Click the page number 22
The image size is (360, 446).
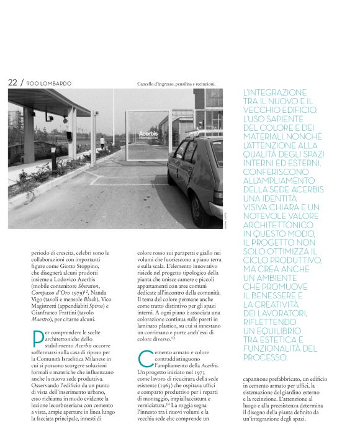[x=12, y=83]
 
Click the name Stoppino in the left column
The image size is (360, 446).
[x=93, y=269]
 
